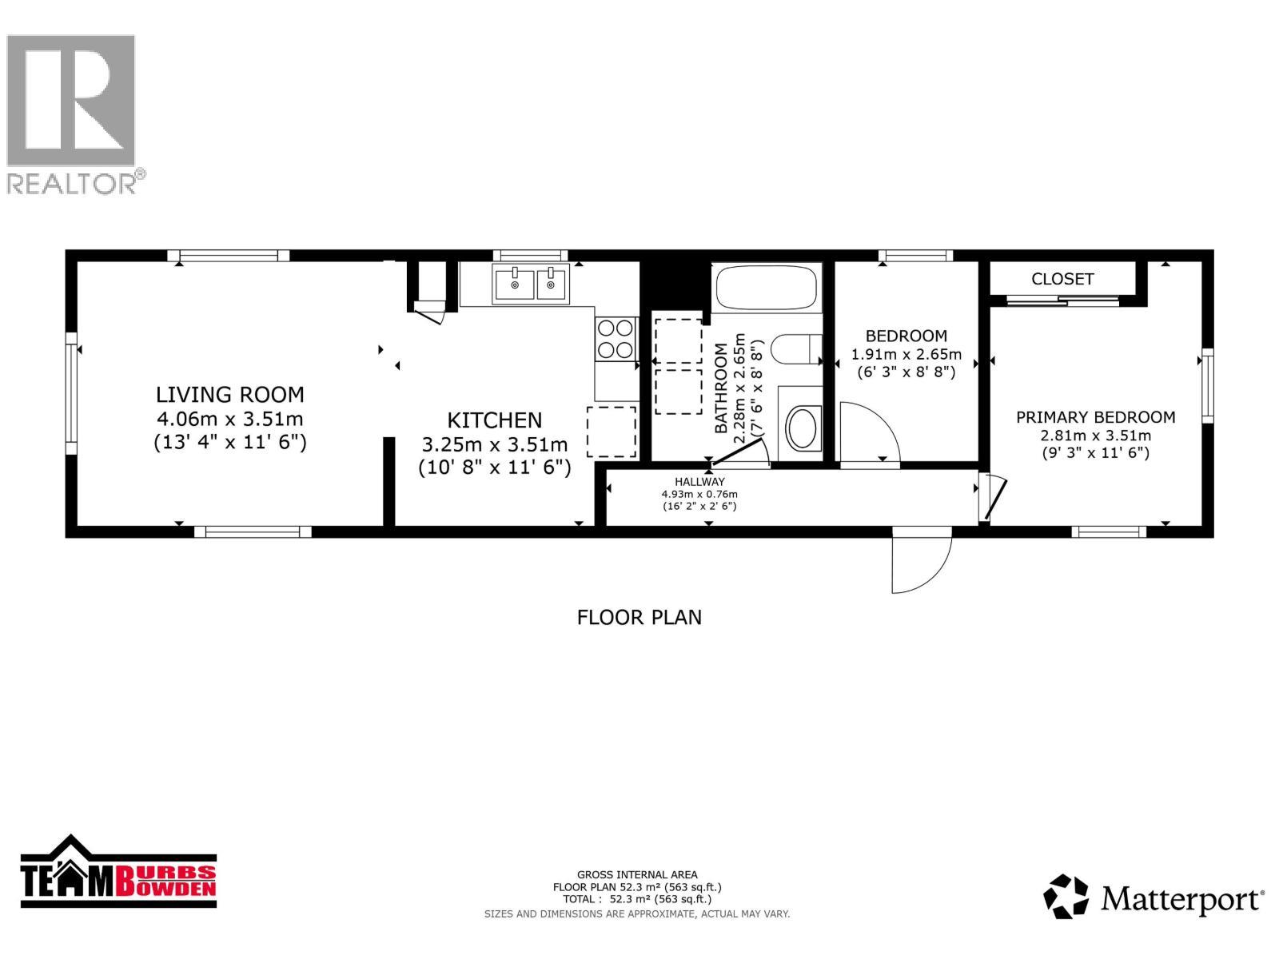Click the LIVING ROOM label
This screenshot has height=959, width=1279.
229,395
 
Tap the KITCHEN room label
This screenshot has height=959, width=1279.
494,420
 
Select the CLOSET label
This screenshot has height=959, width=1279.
1062,279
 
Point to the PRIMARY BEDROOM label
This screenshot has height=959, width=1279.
1095,417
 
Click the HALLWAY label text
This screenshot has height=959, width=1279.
699,482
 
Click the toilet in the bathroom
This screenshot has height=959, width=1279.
796,348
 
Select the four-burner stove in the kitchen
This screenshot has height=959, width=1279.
616,339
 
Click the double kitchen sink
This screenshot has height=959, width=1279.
530,285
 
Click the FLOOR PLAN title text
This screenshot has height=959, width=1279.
639,618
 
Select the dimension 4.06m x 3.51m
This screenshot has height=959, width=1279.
229,419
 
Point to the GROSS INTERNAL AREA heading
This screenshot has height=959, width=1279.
637,874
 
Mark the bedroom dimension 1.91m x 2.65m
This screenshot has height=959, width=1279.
906,354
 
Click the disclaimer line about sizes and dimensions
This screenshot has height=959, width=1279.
637,914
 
